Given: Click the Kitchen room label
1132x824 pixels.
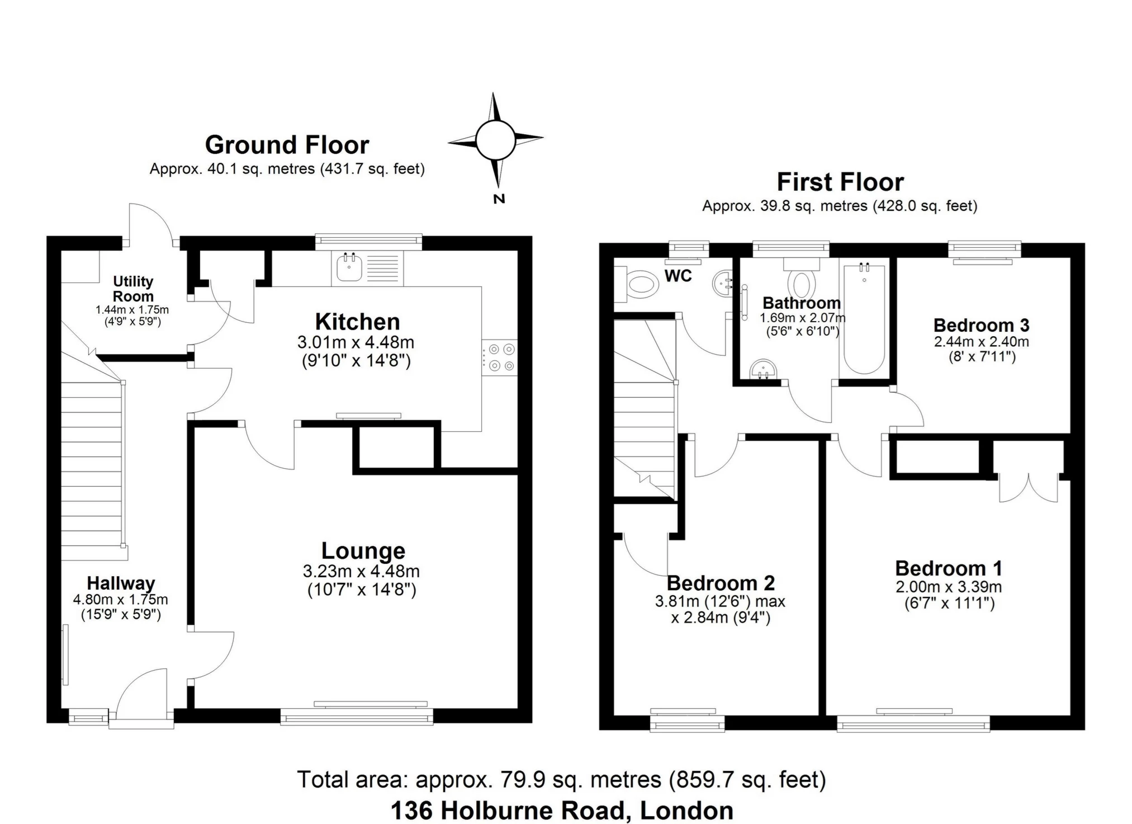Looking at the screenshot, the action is pyautogui.click(x=357, y=322).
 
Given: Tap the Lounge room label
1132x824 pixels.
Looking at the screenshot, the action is pyautogui.click(x=363, y=551).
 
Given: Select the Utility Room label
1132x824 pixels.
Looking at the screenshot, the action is pyautogui.click(x=132, y=289).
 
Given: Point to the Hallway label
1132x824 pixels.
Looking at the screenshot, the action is pyautogui.click(x=121, y=583).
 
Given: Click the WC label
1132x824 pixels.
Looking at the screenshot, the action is pyautogui.click(x=678, y=276).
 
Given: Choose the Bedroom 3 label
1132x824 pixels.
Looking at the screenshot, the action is pyautogui.click(x=981, y=325).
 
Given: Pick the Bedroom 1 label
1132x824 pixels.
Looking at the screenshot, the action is pyautogui.click(x=949, y=568).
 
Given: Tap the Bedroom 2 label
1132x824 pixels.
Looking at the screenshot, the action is pyautogui.click(x=721, y=583).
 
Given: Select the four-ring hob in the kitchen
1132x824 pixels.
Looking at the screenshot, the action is pyautogui.click(x=500, y=357).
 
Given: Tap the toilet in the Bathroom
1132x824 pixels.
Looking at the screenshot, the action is pyautogui.click(x=802, y=278).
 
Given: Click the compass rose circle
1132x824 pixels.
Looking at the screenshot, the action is pyautogui.click(x=495, y=139).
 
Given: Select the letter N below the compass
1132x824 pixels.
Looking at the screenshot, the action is pyautogui.click(x=499, y=199).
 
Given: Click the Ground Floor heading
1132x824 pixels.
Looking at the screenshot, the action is pyautogui.click(x=287, y=145).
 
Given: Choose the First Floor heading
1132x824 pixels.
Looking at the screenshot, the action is pyautogui.click(x=840, y=182).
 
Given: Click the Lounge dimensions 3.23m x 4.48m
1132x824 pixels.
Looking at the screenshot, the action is pyautogui.click(x=361, y=571).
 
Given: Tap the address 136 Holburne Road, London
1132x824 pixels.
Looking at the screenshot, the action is pyautogui.click(x=562, y=811).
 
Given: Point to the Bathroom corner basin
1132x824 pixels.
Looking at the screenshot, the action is pyautogui.click(x=763, y=369).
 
